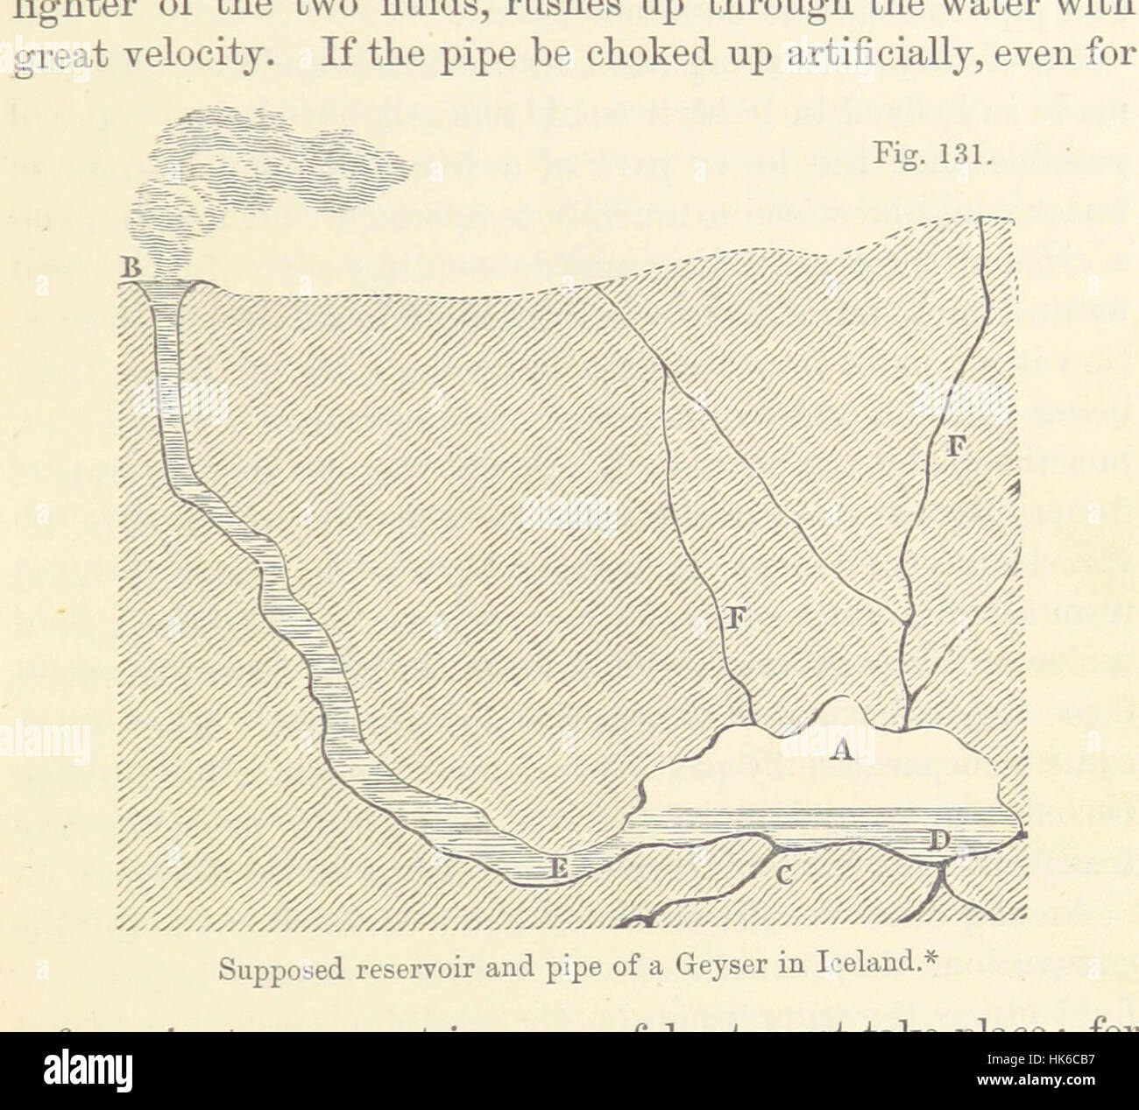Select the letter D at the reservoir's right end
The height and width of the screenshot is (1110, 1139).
point(938,843)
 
